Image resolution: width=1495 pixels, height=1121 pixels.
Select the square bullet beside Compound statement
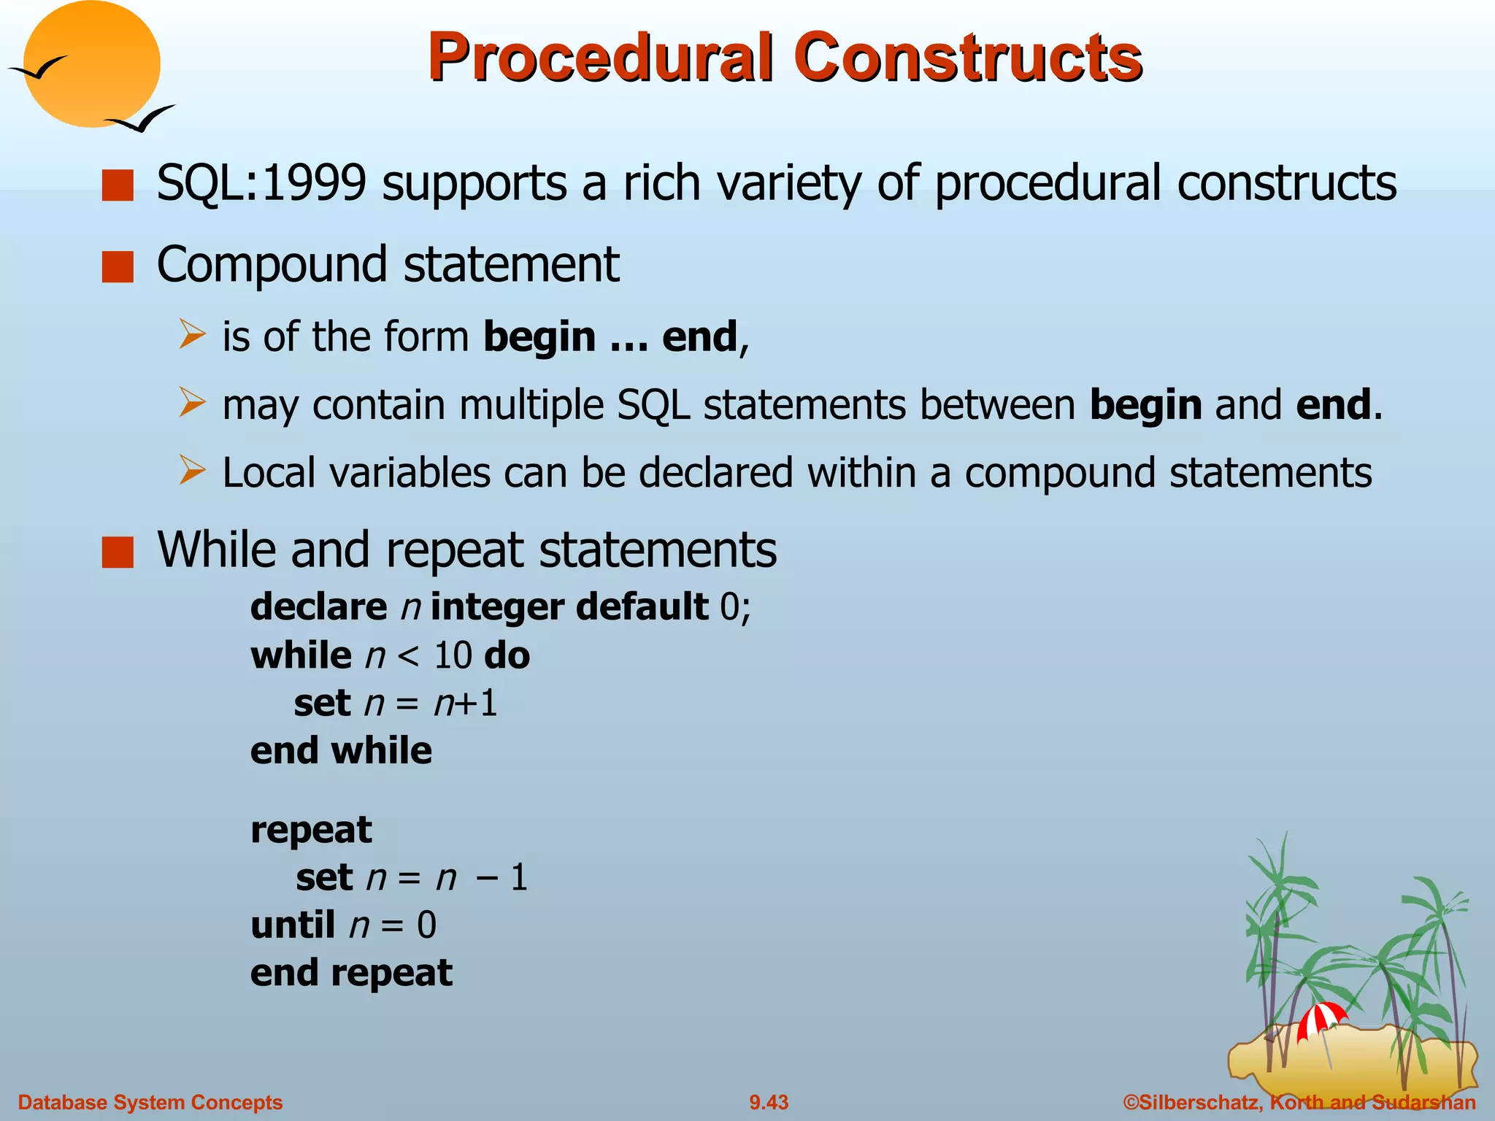point(118,266)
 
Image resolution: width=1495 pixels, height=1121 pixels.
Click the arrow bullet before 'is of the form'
point(192,335)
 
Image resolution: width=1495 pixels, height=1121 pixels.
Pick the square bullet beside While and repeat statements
point(118,552)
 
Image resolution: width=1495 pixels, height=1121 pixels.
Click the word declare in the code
point(318,607)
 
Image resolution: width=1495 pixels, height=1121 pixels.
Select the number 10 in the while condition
point(453,655)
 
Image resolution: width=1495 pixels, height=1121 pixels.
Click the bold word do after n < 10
point(507,655)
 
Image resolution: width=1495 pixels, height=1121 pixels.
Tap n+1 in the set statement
point(465,704)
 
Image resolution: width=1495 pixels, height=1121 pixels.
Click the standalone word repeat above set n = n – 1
point(311,830)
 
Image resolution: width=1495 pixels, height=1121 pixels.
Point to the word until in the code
point(293,925)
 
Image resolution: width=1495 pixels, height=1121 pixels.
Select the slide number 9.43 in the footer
point(769,1102)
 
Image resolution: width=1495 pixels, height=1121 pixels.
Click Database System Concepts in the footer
point(150,1102)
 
